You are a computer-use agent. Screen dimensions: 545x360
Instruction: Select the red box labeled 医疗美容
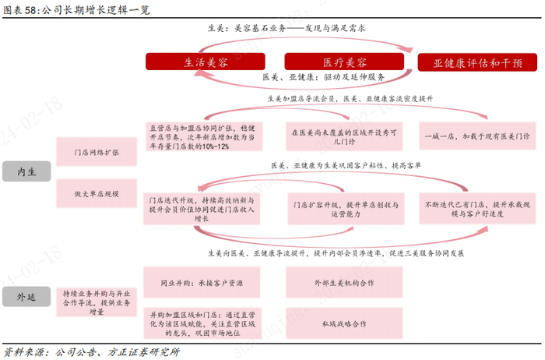click(345, 62)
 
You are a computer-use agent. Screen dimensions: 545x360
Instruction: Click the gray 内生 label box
click(26, 171)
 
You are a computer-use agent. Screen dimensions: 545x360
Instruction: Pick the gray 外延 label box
click(26, 297)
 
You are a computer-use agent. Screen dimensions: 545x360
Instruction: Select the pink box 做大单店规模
click(94, 192)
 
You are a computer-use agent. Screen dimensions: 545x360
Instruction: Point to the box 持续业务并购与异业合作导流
click(94, 297)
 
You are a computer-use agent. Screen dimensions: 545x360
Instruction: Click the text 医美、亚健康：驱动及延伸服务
click(323, 77)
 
